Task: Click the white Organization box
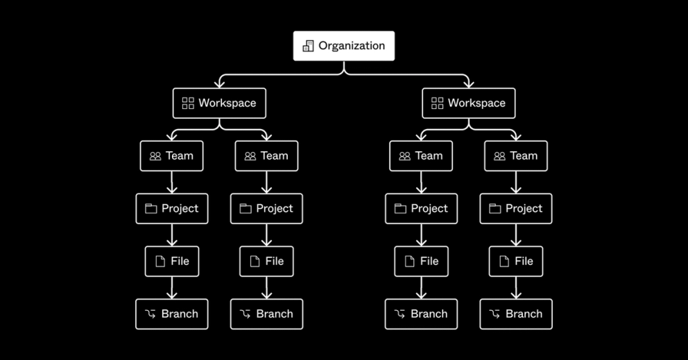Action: [x=343, y=46]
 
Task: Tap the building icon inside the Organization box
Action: [x=308, y=46]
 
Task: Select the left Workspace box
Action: [x=219, y=103]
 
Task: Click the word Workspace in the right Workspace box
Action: [x=476, y=103]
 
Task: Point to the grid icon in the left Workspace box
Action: [x=188, y=103]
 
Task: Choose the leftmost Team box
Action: [x=171, y=156]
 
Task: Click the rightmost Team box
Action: [x=515, y=156]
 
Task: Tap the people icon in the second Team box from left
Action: [x=250, y=157]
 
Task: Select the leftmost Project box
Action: [x=171, y=209]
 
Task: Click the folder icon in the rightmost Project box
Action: [x=495, y=209]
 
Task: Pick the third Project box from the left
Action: [x=421, y=209]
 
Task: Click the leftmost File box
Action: [x=171, y=262]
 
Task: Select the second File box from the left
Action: [x=266, y=262]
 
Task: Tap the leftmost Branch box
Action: [x=171, y=314]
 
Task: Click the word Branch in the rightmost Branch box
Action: [x=524, y=314]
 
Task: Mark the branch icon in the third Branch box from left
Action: [x=399, y=314]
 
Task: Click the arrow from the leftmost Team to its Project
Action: [x=171, y=182]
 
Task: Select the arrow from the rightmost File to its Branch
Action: [x=515, y=287]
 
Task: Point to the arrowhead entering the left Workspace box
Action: [x=219, y=84]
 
